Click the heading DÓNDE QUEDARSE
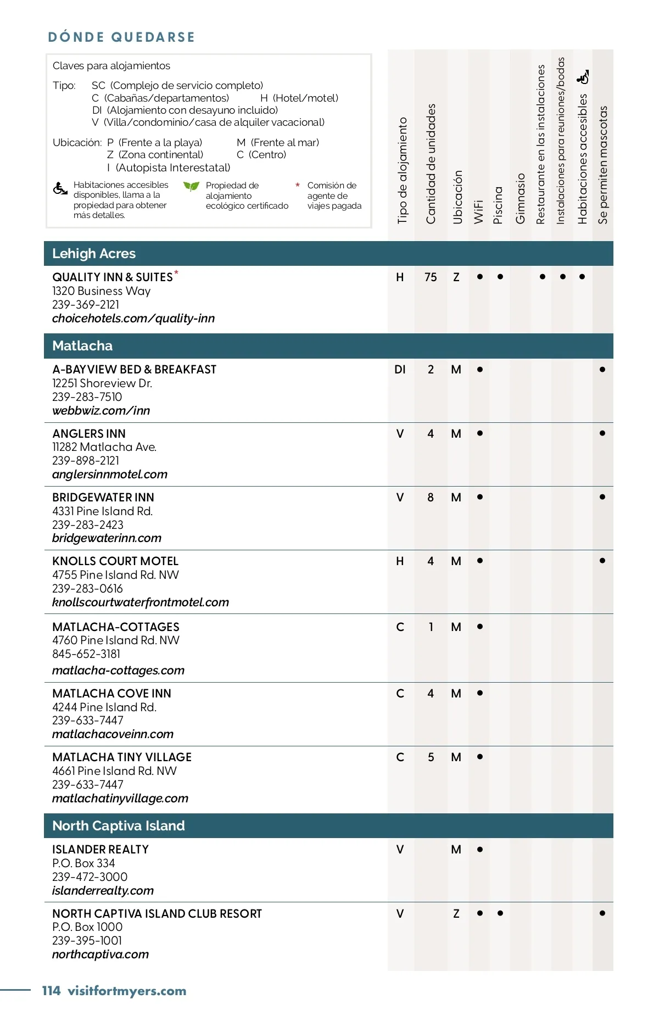[121, 37]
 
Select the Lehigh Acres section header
[94, 254]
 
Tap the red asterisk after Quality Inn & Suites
[176, 272]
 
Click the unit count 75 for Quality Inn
[431, 277]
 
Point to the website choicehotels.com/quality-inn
[133, 319]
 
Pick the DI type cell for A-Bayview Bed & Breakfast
[400, 370]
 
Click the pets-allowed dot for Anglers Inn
[602, 433]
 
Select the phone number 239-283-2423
[88, 525]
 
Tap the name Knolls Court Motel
[115, 561]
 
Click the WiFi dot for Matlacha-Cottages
[480, 627]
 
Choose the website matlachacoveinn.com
[113, 734]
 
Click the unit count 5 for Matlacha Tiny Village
[431, 757]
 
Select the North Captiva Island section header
[119, 826]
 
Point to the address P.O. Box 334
[83, 863]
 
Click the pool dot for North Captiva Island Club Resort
[500, 913]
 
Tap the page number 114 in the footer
[51, 991]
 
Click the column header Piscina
[498, 205]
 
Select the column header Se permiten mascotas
[603, 165]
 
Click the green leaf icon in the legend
[191, 186]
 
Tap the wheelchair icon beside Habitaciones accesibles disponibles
[60, 188]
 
